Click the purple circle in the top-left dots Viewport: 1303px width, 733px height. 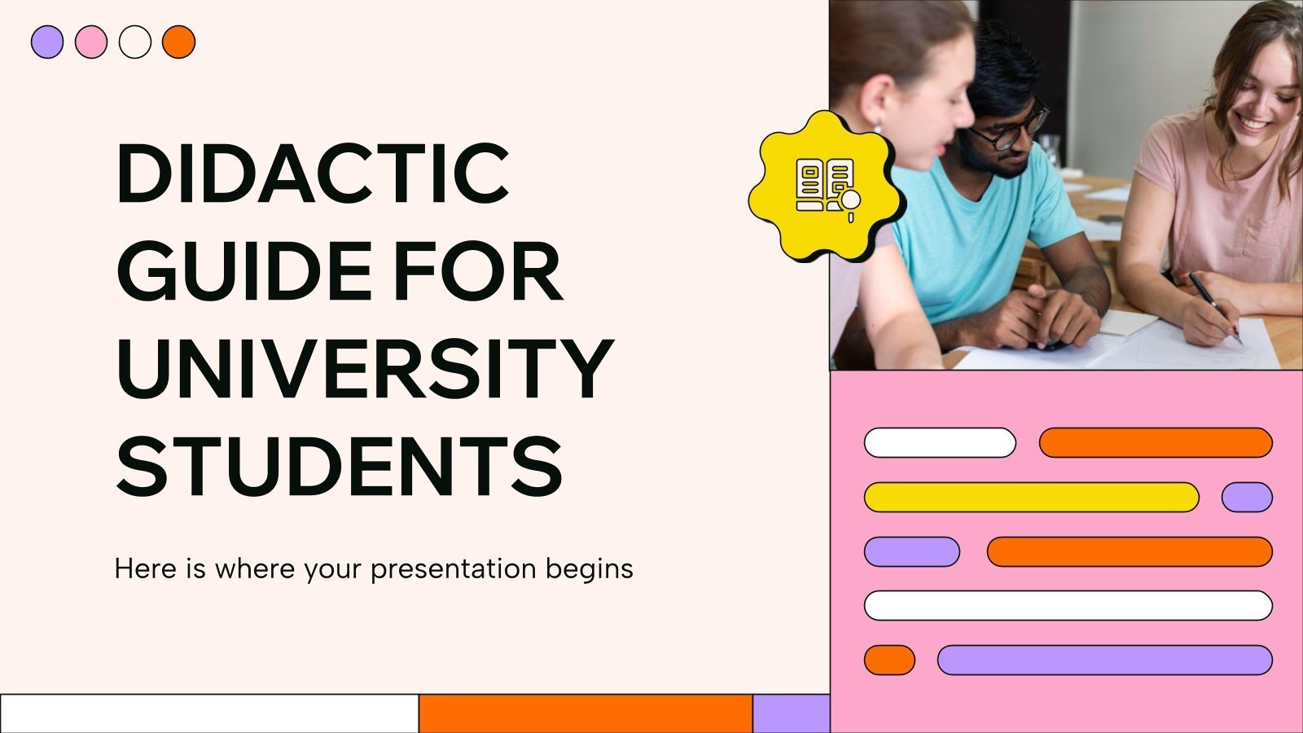[47, 42]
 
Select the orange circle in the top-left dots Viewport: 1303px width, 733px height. [179, 42]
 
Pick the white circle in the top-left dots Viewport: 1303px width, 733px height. [135, 42]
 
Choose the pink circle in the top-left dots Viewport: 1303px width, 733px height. [91, 42]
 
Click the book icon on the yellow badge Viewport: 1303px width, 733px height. [826, 187]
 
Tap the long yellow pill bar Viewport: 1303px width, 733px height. [1031, 497]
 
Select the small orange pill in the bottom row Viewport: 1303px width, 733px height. [889, 660]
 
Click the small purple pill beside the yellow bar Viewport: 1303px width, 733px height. [1247, 497]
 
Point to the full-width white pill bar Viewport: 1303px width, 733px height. [1068, 605]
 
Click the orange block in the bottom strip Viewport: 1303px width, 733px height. [586, 713]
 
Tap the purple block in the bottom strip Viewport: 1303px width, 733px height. [791, 713]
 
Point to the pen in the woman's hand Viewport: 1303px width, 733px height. [1213, 305]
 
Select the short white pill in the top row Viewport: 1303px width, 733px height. [940, 442]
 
